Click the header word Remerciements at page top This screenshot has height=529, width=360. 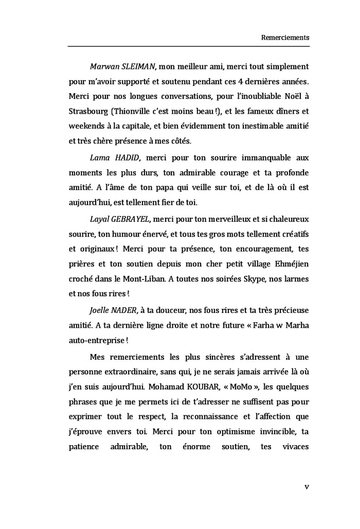tap(285, 38)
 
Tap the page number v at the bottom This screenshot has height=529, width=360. tap(307, 486)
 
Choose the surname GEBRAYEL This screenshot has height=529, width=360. tap(130, 219)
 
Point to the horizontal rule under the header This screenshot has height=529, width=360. tap(188, 47)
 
